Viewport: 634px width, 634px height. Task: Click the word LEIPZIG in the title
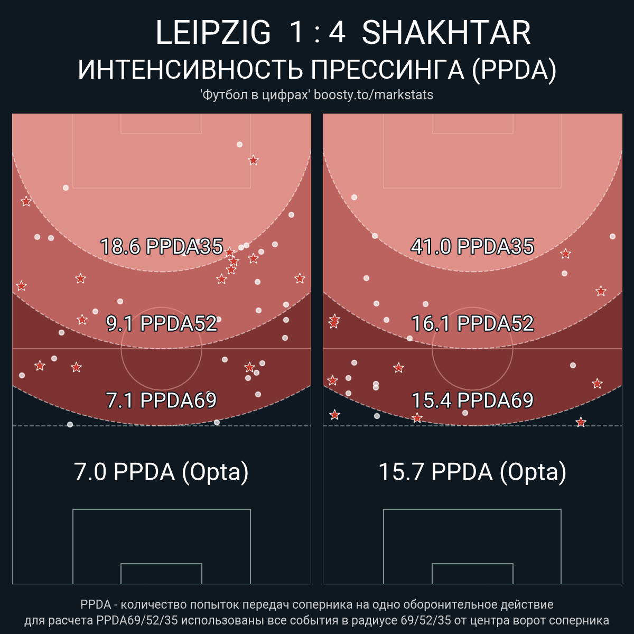point(213,33)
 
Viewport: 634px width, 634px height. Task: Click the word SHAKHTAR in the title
point(446,33)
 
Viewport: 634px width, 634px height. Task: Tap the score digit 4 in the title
point(337,33)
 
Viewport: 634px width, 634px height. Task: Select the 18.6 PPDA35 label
point(161,247)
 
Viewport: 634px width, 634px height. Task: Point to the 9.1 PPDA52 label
point(161,323)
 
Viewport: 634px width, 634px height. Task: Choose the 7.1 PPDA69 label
point(161,400)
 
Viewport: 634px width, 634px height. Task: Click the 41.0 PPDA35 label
point(472,247)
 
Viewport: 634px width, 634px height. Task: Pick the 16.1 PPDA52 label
point(472,323)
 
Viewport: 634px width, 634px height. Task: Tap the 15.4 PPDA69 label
point(472,400)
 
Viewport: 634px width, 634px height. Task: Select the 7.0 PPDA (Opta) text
point(161,472)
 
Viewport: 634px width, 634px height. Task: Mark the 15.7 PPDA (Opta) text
point(472,472)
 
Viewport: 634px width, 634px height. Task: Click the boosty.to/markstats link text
point(374,95)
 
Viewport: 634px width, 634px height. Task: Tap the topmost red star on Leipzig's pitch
point(253,160)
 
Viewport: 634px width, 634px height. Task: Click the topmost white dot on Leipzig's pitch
point(239,144)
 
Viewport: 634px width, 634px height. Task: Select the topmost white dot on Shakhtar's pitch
point(354,198)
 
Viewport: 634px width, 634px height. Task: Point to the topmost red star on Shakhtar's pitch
point(565,254)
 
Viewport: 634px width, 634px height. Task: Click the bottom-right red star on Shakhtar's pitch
point(581,422)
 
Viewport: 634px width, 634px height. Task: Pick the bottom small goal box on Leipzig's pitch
point(161,574)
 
